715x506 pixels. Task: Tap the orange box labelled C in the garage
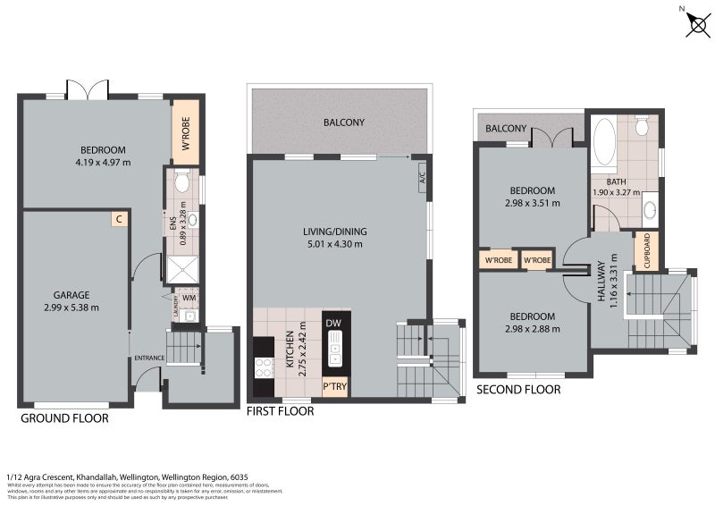[x=118, y=218]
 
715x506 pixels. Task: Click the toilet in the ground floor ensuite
[x=181, y=182]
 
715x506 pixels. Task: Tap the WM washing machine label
[x=189, y=298]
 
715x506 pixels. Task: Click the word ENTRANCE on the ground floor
[x=149, y=358]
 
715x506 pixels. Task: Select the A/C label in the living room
[x=422, y=180]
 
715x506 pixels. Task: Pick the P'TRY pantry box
[x=335, y=386]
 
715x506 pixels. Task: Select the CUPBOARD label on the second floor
[x=646, y=251]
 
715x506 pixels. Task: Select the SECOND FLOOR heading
[x=518, y=390]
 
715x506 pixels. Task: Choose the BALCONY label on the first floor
[x=343, y=122]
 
